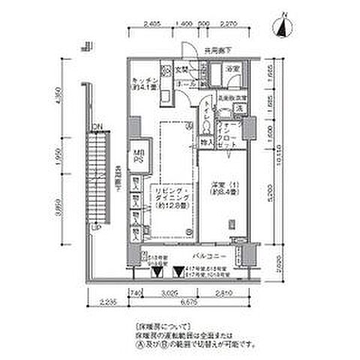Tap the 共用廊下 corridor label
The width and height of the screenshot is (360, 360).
click(210, 52)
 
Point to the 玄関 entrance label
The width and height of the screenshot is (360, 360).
click(181, 70)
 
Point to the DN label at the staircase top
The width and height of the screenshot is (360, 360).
click(97, 125)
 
